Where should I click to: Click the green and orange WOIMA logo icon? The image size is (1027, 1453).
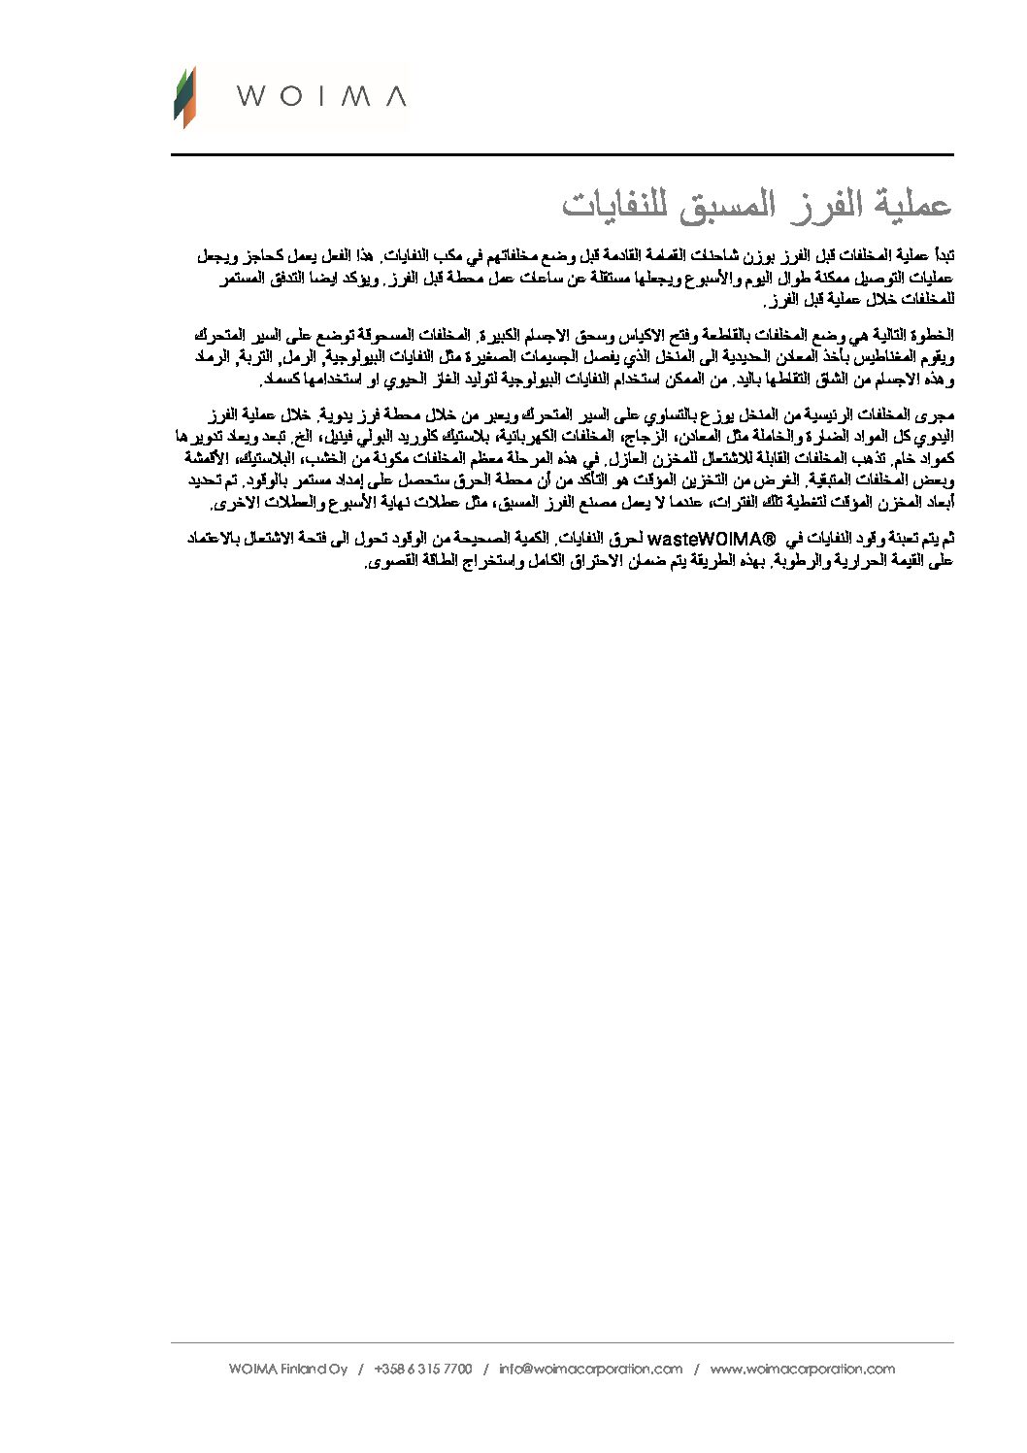point(184,97)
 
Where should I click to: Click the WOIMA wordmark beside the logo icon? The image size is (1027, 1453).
point(321,96)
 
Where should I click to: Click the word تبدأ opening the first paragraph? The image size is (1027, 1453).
point(943,255)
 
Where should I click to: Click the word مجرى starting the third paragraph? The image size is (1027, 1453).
point(938,414)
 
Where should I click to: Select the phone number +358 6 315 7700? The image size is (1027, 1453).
point(422,1370)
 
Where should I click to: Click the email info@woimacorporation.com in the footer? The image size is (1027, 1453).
point(591,1370)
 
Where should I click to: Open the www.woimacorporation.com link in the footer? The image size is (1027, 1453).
point(802,1370)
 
